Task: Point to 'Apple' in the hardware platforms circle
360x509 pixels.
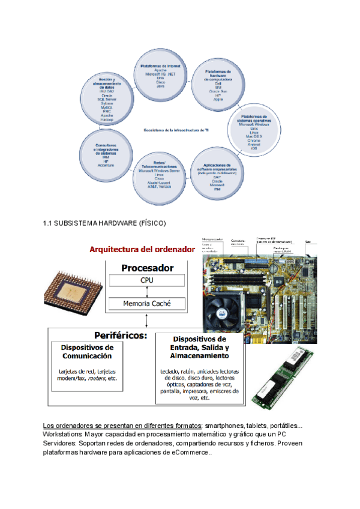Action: [217, 99]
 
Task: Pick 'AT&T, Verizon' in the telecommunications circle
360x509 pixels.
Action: [159, 187]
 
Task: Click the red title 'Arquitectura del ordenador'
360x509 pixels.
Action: [142, 248]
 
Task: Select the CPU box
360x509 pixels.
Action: [147, 280]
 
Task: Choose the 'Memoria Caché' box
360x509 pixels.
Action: [147, 304]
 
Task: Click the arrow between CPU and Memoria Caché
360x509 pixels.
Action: [147, 292]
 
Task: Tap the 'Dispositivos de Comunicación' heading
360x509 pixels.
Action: [87, 352]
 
